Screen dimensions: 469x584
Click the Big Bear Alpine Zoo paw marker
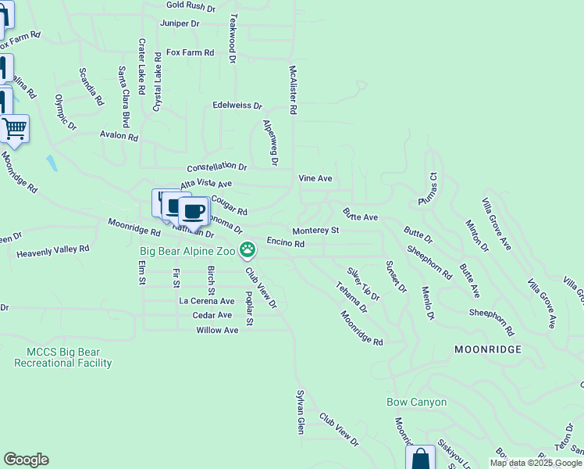click(x=247, y=250)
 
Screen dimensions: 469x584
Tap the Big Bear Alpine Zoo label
click(x=188, y=251)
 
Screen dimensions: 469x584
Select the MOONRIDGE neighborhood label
click(x=487, y=349)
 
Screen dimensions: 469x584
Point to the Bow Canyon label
click(x=417, y=403)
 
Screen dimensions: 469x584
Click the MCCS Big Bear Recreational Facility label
click(x=63, y=357)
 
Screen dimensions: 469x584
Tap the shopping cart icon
click(x=15, y=128)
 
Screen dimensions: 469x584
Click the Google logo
click(x=26, y=460)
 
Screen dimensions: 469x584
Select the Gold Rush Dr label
click(x=191, y=7)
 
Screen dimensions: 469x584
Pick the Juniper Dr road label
click(x=180, y=23)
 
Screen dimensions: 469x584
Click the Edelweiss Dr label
click(x=237, y=105)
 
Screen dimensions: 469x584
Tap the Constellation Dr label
click(x=216, y=167)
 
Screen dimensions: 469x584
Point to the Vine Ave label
click(x=315, y=178)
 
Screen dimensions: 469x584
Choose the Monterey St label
click(x=315, y=231)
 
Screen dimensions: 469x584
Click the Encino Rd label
click(x=285, y=244)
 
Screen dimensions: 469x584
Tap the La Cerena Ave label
click(x=207, y=301)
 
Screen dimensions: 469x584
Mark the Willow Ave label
click(x=217, y=330)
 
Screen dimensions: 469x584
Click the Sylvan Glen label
click(x=300, y=412)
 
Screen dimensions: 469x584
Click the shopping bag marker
click(x=420, y=458)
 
